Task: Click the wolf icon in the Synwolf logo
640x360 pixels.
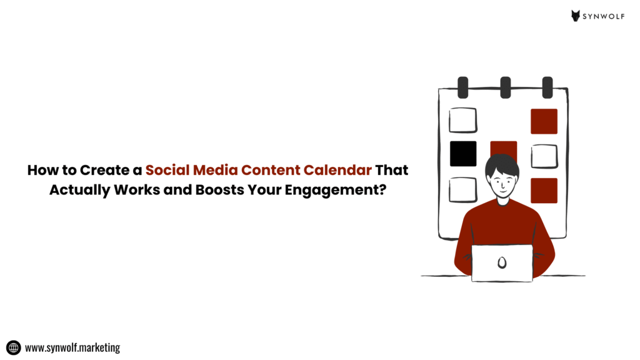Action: coord(576,16)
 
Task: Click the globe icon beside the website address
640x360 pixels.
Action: coord(13,347)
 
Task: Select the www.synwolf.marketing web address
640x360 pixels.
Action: coord(72,347)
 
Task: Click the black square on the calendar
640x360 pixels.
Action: coord(463,154)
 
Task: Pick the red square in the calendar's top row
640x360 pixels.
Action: coord(544,121)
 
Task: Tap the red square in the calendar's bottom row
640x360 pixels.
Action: coord(544,191)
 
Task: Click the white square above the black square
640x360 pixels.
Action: coord(463,121)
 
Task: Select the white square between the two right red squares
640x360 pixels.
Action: coord(544,156)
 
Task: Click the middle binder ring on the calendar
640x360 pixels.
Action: coord(505,87)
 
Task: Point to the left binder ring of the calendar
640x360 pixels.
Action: coord(463,87)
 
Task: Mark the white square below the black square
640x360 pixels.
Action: coord(463,189)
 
